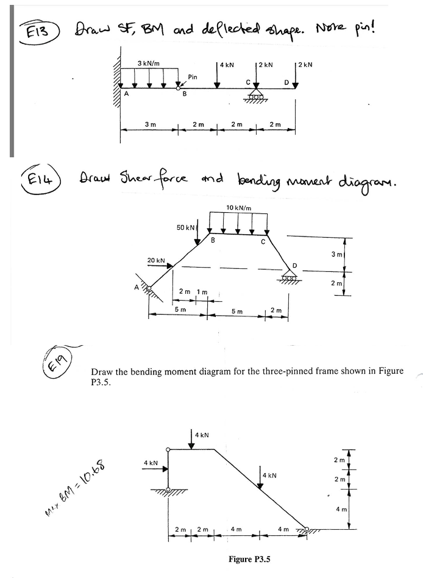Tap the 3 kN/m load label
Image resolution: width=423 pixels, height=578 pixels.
[148, 63]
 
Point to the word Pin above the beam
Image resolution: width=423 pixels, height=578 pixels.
[193, 77]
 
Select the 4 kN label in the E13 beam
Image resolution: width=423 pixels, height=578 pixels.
[227, 63]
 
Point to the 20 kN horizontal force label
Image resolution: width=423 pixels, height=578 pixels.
[156, 260]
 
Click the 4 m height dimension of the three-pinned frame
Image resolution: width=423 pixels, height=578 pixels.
[357, 508]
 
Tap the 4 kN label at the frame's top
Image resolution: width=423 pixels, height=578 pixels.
[203, 435]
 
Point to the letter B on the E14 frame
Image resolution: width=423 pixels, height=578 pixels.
[213, 240]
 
